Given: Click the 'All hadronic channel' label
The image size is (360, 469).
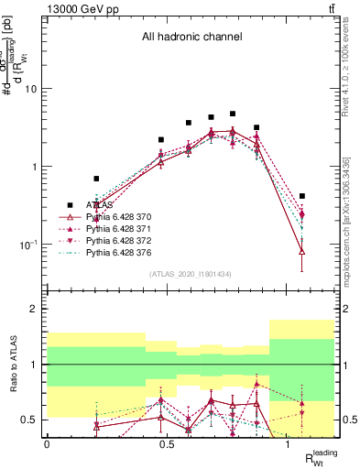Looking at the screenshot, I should (x=191, y=38).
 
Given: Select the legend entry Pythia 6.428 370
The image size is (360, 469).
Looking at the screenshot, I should (x=125, y=216).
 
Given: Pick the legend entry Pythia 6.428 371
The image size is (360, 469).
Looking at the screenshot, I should (x=125, y=227).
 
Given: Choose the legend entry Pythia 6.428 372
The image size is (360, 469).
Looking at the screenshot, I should (x=125, y=238).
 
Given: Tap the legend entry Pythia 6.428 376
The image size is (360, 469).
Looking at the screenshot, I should (x=125, y=249).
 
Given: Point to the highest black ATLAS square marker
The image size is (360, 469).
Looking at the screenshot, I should (x=233, y=115).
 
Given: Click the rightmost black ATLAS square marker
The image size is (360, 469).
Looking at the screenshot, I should (x=302, y=196).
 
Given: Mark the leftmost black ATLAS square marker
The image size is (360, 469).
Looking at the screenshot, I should (x=96, y=179).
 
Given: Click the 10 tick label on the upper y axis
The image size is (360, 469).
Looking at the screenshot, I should (x=31, y=89).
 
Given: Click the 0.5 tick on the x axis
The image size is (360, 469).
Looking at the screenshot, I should (x=167, y=443).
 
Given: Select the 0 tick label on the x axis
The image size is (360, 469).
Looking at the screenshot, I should (x=47, y=443).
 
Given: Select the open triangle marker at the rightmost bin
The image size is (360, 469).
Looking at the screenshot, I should (x=302, y=251).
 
